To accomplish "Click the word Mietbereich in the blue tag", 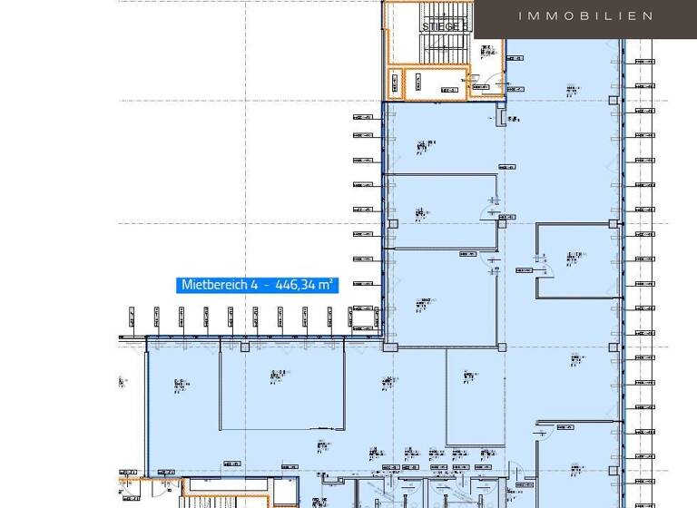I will point(214,285).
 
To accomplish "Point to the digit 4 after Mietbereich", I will point(255,285).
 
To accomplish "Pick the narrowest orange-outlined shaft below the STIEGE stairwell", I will point(395,83).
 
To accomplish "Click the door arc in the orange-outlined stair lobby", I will point(482,83).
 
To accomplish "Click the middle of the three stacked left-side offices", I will point(440,211).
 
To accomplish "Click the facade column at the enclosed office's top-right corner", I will point(614,223).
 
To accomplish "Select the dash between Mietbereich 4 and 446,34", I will point(268,285).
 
